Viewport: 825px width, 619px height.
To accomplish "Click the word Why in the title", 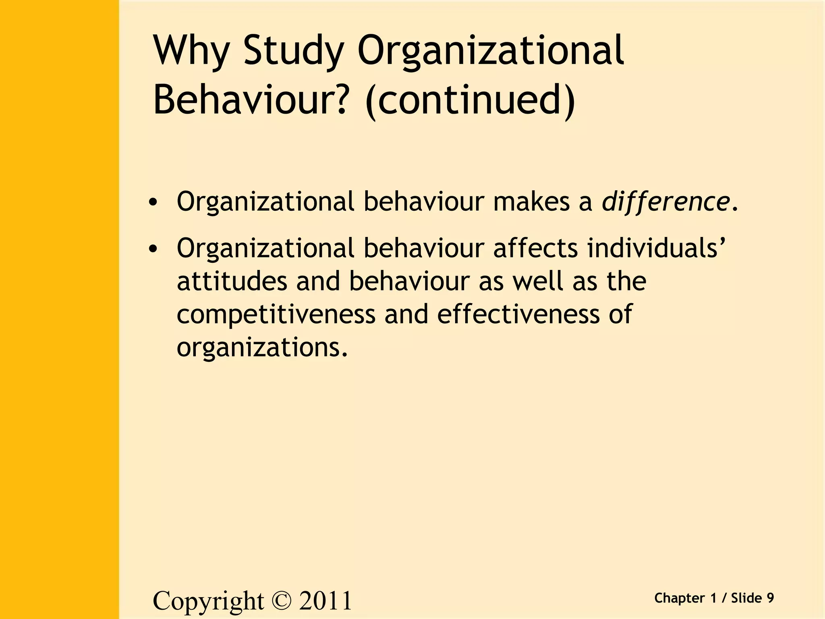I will tap(191, 51).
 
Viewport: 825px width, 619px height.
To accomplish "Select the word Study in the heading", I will tap(294, 51).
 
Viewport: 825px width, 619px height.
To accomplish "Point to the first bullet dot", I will tap(152, 202).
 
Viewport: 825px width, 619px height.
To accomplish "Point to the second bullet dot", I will tap(152, 249).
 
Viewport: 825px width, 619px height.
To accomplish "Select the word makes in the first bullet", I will tap(531, 201).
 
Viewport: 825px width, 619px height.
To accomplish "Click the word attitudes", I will tap(232, 281).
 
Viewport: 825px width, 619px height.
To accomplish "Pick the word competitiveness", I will tap(276, 314).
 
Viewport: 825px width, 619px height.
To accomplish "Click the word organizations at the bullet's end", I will tap(261, 347).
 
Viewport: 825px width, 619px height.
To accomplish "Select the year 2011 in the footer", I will tap(325, 601).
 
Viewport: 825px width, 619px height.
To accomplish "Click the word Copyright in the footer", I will tap(208, 602).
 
